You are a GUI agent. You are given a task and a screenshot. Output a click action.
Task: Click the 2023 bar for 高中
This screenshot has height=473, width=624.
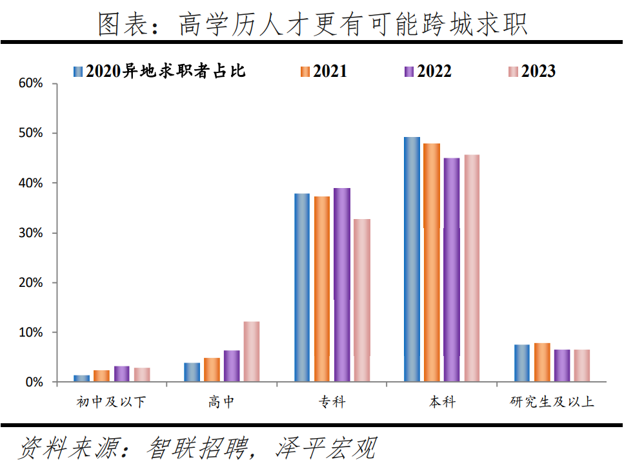tap(252, 352)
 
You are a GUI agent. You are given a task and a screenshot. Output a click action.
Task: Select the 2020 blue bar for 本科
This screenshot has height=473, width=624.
tap(412, 259)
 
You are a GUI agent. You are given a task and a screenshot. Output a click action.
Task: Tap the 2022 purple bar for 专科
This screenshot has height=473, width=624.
tap(342, 285)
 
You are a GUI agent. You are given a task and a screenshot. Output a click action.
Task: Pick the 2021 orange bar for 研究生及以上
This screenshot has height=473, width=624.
tap(542, 363)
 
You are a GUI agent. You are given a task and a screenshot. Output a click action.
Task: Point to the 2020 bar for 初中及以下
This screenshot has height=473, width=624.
tap(82, 379)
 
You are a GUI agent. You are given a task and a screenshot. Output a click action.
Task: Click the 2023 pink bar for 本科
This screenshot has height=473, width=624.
tap(472, 268)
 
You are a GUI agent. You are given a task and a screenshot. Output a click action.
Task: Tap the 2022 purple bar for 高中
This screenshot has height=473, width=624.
tap(232, 366)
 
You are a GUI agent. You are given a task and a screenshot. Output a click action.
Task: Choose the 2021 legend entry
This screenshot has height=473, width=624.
tap(324, 71)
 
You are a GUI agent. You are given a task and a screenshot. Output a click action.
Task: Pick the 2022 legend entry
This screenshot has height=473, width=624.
tap(428, 71)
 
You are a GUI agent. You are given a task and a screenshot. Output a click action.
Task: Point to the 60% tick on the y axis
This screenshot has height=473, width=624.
tap(30, 83)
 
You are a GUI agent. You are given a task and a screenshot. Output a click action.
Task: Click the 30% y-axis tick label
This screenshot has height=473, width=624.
tap(30, 233)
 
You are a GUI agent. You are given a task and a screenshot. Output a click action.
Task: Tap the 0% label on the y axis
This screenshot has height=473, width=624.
tap(34, 382)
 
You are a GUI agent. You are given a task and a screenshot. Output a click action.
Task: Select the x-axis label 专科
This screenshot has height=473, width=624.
tap(332, 402)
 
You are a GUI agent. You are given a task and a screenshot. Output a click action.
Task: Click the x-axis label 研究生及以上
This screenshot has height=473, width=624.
tap(552, 402)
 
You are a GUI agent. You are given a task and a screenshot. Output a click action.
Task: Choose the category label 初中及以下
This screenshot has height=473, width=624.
tap(112, 402)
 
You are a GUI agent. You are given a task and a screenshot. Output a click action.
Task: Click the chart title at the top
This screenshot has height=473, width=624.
tap(313, 24)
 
